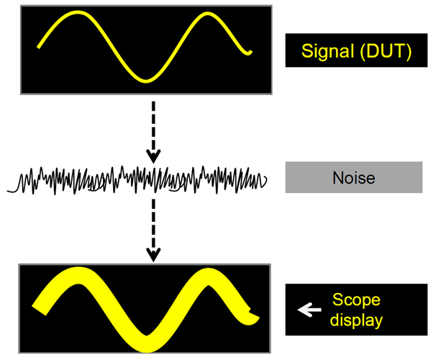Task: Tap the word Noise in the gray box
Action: tap(354, 177)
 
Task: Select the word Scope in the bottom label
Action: tap(355, 300)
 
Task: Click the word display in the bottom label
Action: tap(358, 319)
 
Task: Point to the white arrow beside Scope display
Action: tap(309, 310)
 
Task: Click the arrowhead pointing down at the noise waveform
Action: tap(153, 156)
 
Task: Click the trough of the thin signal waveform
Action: tap(147, 79)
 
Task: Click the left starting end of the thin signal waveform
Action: tap(38, 48)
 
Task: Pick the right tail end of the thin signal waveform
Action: tap(250, 52)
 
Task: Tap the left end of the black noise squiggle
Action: tap(9, 190)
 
